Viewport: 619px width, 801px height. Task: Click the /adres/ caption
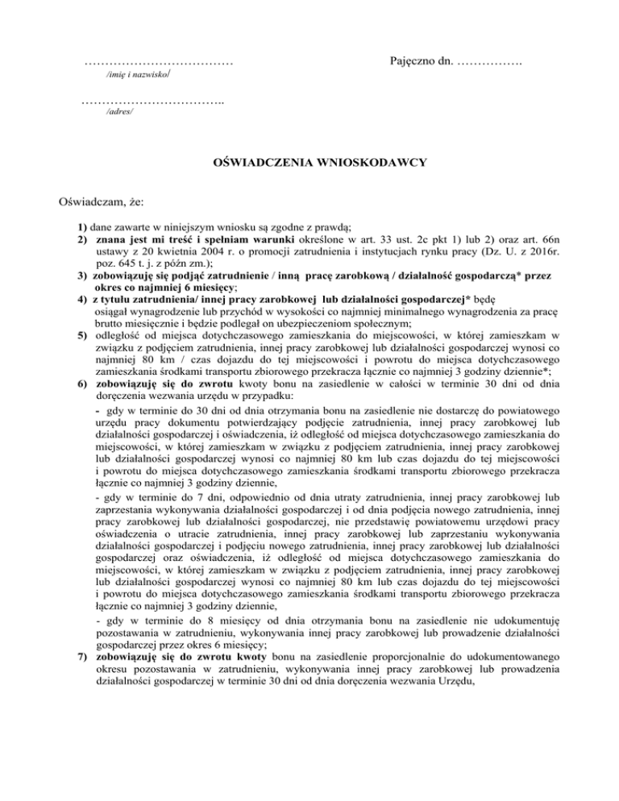tap(120, 113)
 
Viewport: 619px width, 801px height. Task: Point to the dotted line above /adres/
tap(152, 101)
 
